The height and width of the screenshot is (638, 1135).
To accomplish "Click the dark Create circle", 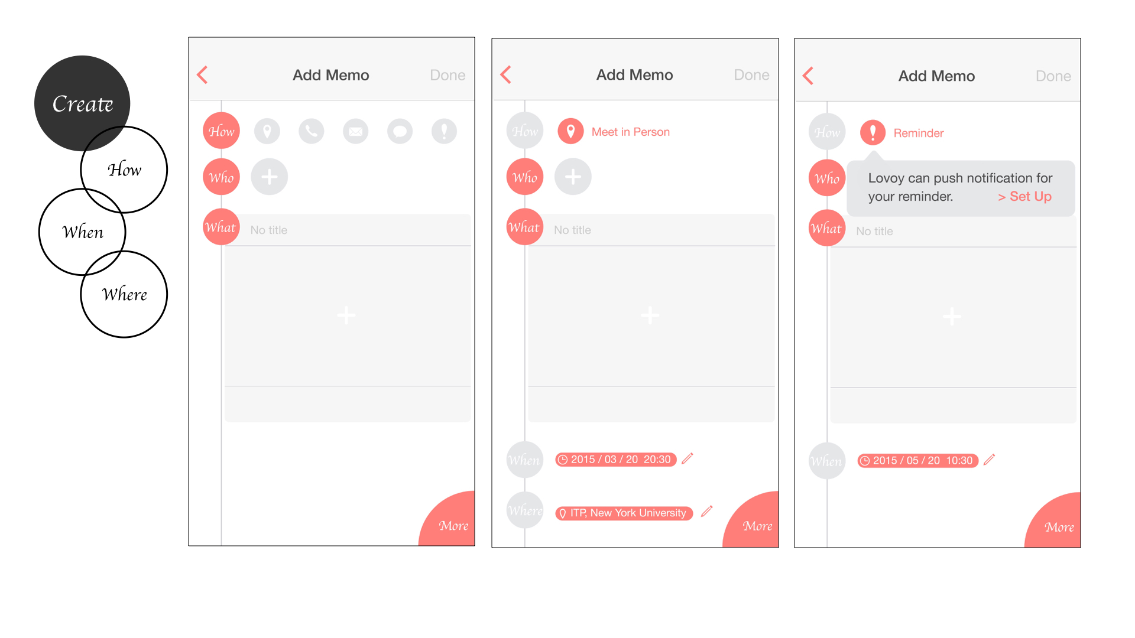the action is click(82, 103).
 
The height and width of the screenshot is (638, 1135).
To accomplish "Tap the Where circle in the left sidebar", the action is click(124, 294).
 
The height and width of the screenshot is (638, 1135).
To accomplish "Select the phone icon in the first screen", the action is click(312, 131).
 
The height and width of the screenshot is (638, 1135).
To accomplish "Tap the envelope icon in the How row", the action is click(356, 131).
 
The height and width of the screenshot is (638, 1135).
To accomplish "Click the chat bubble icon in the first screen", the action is click(400, 131).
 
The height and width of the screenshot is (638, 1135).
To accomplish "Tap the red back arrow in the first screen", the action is click(202, 75).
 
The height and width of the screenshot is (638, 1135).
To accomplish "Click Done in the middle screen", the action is click(751, 75).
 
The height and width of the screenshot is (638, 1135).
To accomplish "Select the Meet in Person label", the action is click(631, 132).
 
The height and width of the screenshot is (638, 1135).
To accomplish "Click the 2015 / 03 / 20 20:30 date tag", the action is click(616, 460).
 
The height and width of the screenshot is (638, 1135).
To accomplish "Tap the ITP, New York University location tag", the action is click(624, 513).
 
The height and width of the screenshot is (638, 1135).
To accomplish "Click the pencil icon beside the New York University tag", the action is click(707, 511).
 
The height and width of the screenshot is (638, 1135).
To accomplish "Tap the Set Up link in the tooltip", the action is click(1025, 196).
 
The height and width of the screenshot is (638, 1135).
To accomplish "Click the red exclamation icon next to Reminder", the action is click(873, 132).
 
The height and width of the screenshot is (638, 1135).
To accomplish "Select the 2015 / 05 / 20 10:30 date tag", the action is click(918, 461).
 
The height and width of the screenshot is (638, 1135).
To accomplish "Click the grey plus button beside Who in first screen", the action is click(270, 177).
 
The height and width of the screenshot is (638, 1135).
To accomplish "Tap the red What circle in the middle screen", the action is click(525, 227).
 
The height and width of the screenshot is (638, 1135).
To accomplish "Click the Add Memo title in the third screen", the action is click(936, 76).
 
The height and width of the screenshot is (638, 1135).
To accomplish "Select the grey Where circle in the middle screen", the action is click(525, 510).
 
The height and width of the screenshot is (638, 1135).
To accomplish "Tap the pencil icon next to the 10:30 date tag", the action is click(990, 459).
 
